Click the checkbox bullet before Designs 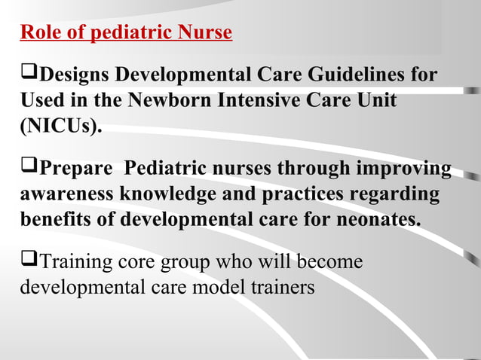(x=28, y=75)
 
